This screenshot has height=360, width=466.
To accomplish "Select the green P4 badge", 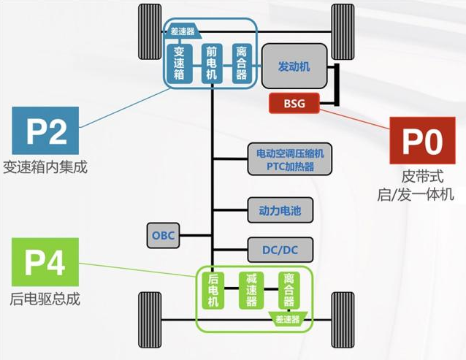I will (x=45, y=261).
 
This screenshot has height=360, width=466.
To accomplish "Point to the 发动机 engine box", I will (x=294, y=66).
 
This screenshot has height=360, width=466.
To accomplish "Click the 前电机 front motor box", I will (x=211, y=64).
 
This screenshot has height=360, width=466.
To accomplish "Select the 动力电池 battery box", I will (x=280, y=212).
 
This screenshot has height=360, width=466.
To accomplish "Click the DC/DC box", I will (x=280, y=250).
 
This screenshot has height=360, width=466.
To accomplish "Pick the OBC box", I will (x=162, y=235).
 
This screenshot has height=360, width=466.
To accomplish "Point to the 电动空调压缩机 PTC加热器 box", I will (x=289, y=159).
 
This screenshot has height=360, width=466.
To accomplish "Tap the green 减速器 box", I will (x=251, y=291).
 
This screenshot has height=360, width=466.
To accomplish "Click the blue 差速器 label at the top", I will (x=183, y=31).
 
